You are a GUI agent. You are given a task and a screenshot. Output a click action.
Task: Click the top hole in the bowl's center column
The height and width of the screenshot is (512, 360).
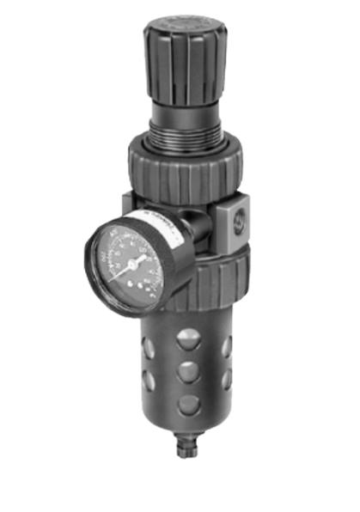coord(186,339)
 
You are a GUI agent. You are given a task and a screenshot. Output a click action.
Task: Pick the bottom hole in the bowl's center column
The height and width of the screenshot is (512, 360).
coord(186,404)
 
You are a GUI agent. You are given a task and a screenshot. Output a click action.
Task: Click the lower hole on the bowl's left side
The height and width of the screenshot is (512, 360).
coord(148,378)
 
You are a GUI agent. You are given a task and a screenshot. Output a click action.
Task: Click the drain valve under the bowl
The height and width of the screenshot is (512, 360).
coord(187,447)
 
